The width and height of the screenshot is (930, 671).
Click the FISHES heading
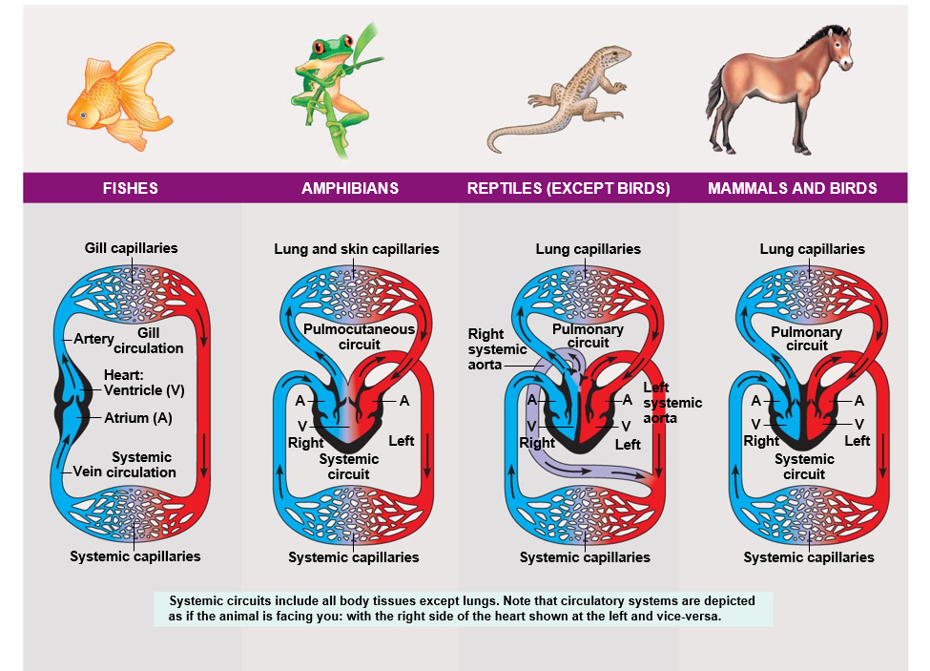coord(130,188)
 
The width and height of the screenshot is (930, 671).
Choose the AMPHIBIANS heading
coord(350,188)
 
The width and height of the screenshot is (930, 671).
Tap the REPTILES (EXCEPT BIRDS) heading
coord(568,188)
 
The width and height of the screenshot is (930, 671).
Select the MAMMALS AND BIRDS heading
coord(792,188)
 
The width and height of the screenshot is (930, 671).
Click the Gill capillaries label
coord(131,248)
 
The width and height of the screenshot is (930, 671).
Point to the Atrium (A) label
coord(138,417)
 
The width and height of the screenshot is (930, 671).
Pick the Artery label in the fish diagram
coord(93,339)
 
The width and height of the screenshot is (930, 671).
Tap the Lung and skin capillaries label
coord(357,249)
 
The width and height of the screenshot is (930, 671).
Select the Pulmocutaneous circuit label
coord(359,337)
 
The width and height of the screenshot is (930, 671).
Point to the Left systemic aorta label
coord(672,403)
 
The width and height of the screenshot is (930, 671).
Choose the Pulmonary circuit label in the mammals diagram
coord(806,339)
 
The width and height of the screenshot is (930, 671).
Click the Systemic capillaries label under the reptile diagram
coord(585,557)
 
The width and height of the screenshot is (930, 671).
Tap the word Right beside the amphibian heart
coord(305,443)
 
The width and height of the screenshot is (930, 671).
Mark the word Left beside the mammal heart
coord(857,441)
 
